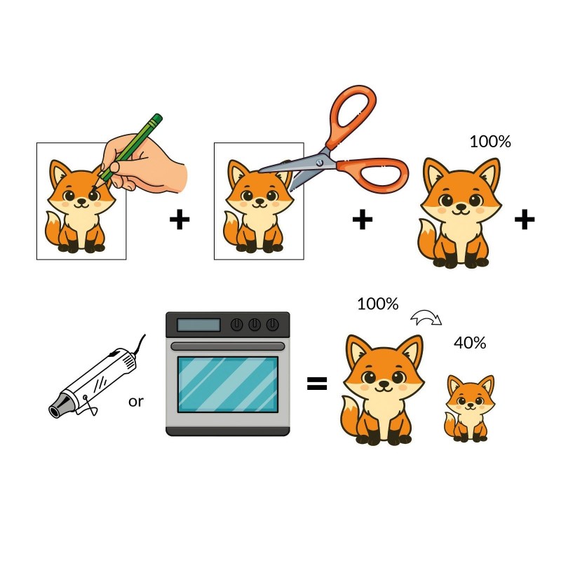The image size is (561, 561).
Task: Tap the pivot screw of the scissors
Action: pyautogui.click(x=320, y=163)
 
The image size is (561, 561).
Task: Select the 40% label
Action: pyautogui.click(x=470, y=343)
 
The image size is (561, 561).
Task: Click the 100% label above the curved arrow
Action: pyautogui.click(x=378, y=304)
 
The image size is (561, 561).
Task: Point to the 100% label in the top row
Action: pyautogui.click(x=490, y=142)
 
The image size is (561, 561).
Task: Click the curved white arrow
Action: pyautogui.click(x=426, y=318)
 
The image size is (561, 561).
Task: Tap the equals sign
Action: pyautogui.click(x=317, y=383)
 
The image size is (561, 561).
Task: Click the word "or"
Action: pyautogui.click(x=135, y=402)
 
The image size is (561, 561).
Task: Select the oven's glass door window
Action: pyautogui.click(x=228, y=384)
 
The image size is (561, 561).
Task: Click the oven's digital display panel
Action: pyautogui.click(x=198, y=325)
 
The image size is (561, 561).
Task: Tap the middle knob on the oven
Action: pyautogui.click(x=255, y=325)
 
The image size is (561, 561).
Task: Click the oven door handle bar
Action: pyautogui.click(x=228, y=346)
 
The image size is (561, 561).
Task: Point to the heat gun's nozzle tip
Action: pyautogui.click(x=55, y=412)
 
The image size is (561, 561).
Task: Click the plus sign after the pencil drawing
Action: pyautogui.click(x=180, y=220)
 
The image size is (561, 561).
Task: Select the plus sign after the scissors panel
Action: pyautogui.click(x=363, y=220)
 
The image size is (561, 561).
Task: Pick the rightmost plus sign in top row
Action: pyautogui.click(x=525, y=220)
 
